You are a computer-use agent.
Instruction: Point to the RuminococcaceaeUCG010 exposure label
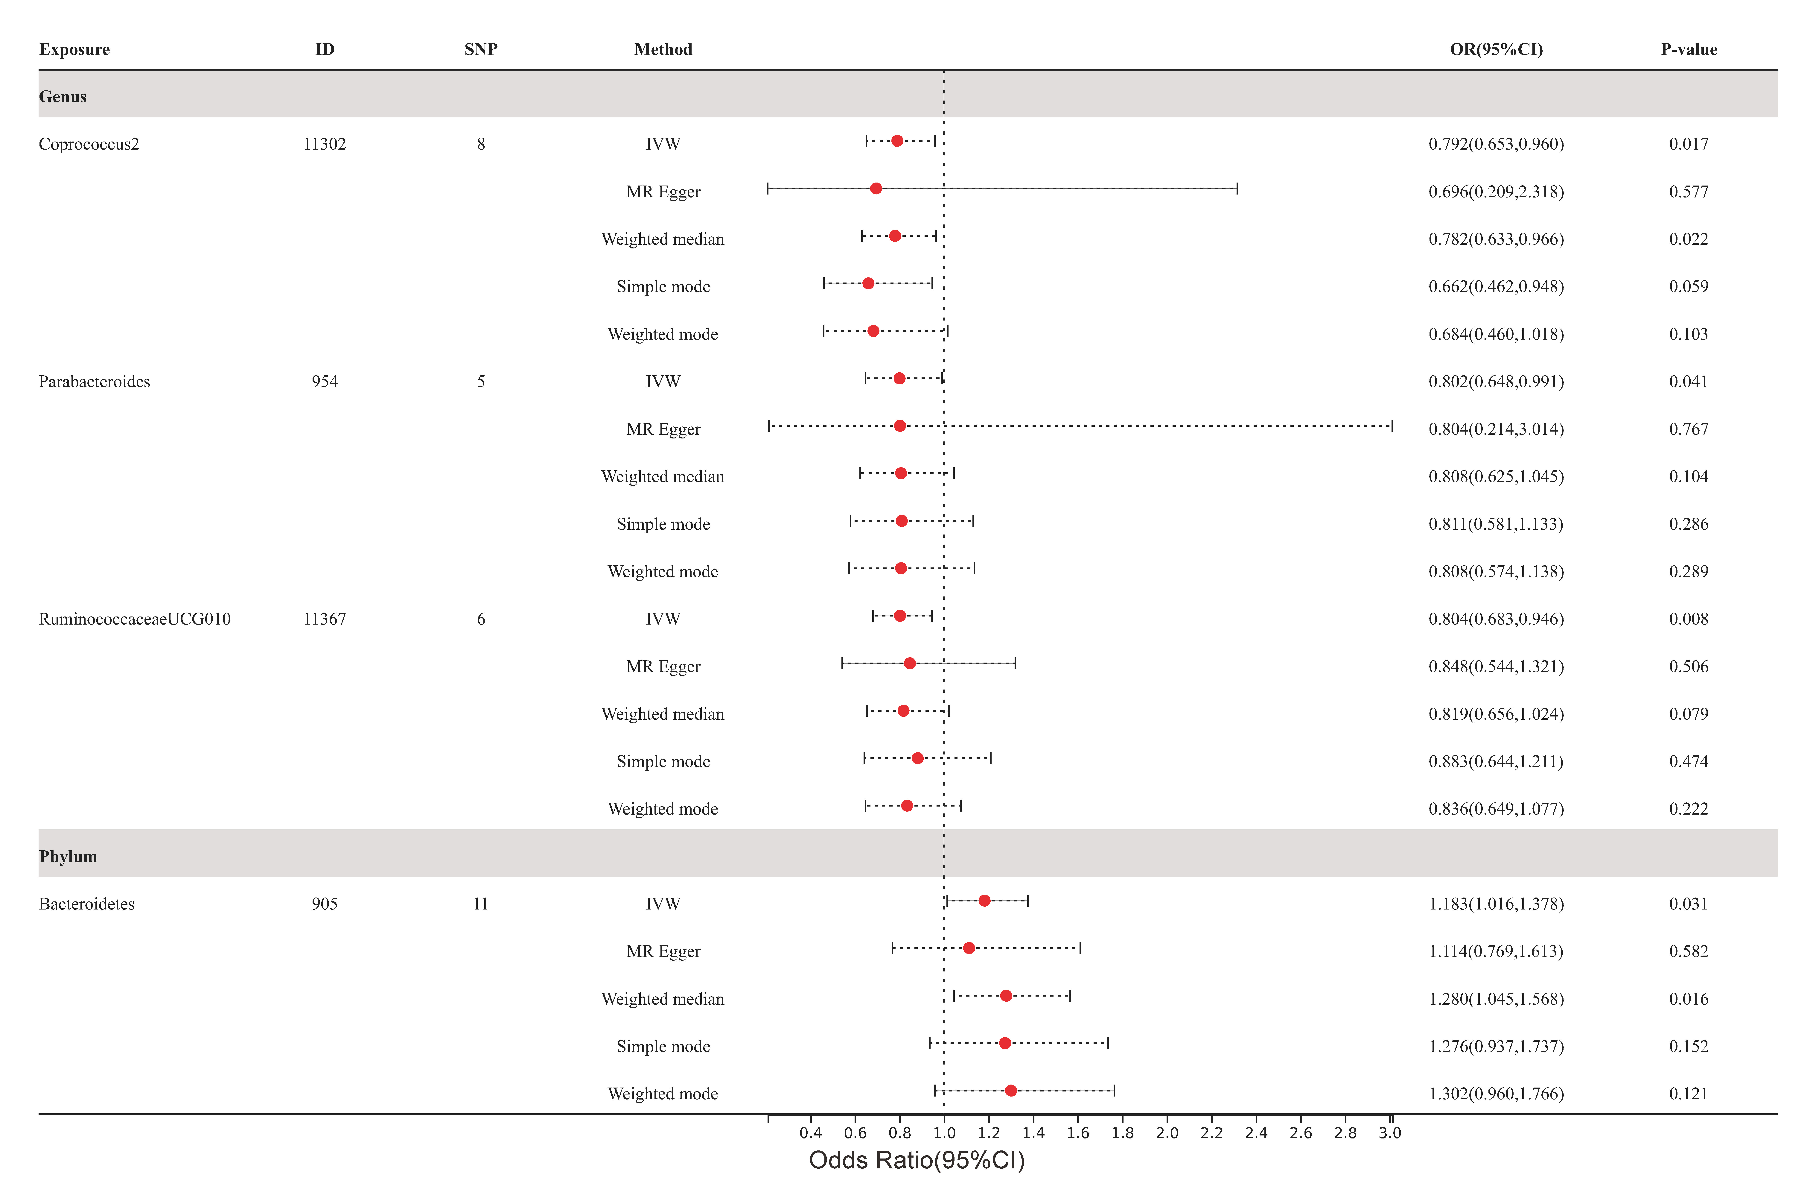point(135,619)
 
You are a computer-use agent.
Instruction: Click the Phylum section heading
point(68,856)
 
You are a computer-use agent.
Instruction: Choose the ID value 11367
point(325,619)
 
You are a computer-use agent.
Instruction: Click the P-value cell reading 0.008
point(1688,619)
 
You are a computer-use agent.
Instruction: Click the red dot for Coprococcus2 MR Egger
point(876,188)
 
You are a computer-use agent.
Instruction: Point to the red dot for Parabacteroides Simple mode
point(901,521)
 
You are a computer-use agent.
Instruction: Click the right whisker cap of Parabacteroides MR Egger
point(1392,426)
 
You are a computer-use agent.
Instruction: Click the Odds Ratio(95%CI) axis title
point(917,1160)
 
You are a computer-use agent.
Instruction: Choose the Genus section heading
point(63,96)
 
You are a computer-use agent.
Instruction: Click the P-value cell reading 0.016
point(1688,999)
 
